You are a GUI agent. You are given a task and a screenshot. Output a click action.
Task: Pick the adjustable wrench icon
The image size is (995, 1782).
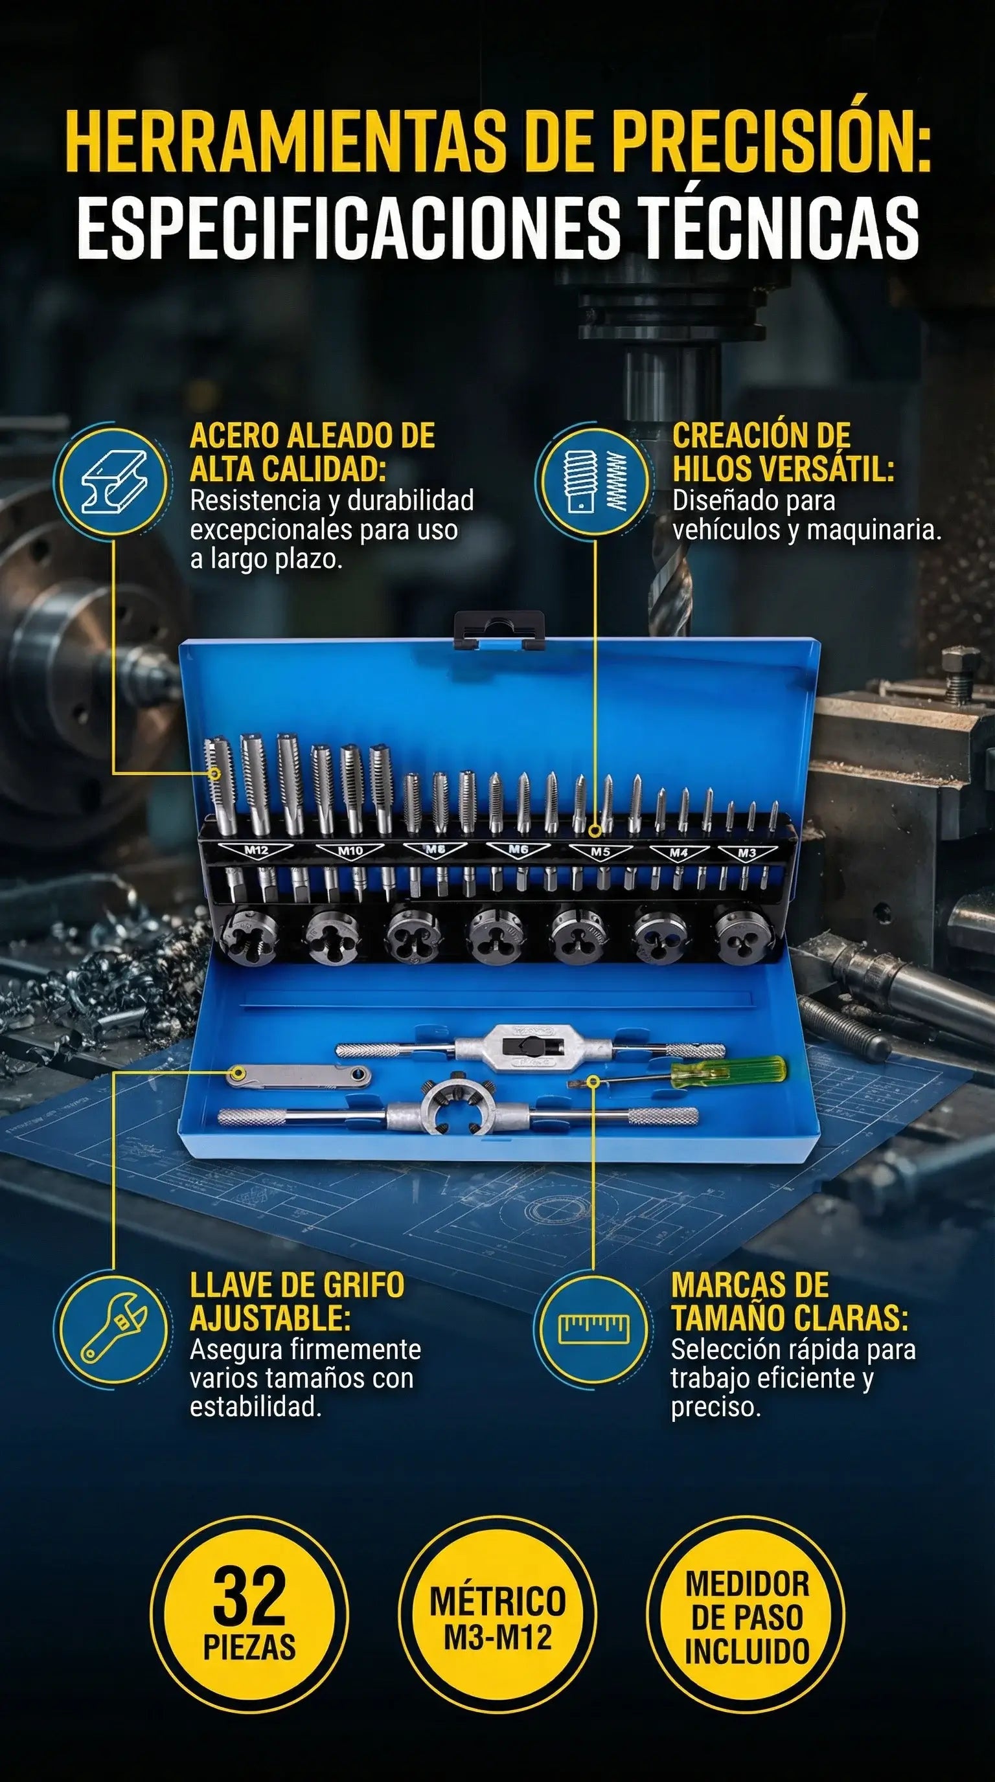pyautogui.click(x=113, y=1327)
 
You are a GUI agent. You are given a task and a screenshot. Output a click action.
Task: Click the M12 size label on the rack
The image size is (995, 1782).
pyautogui.click(x=257, y=850)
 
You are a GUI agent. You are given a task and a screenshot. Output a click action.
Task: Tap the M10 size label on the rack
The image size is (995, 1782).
pyautogui.click(x=350, y=850)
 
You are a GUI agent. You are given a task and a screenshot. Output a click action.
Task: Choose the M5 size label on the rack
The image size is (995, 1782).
pyautogui.click(x=600, y=851)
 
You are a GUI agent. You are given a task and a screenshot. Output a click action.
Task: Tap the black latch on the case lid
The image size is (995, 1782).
pyautogui.click(x=499, y=629)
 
